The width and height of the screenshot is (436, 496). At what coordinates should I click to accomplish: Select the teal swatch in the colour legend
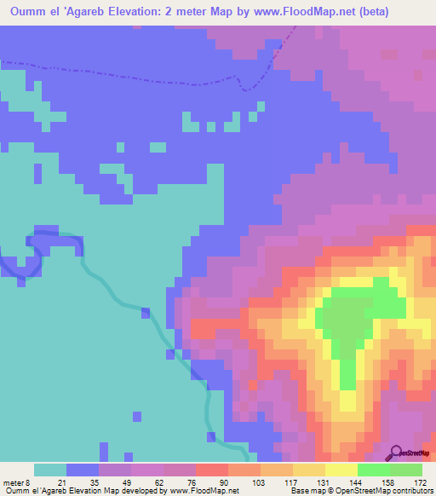(50, 470)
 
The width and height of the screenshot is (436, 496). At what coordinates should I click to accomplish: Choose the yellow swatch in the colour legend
(341, 470)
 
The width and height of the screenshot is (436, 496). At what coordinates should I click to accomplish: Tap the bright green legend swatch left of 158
(373, 470)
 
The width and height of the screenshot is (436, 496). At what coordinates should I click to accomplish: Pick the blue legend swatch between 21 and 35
(83, 470)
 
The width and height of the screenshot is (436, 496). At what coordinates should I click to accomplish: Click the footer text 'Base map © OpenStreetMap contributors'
(360, 490)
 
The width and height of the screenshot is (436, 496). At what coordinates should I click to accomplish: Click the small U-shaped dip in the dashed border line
(247, 85)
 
